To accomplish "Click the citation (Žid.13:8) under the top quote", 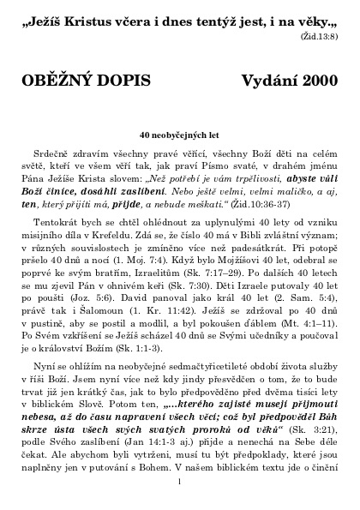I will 321,39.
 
